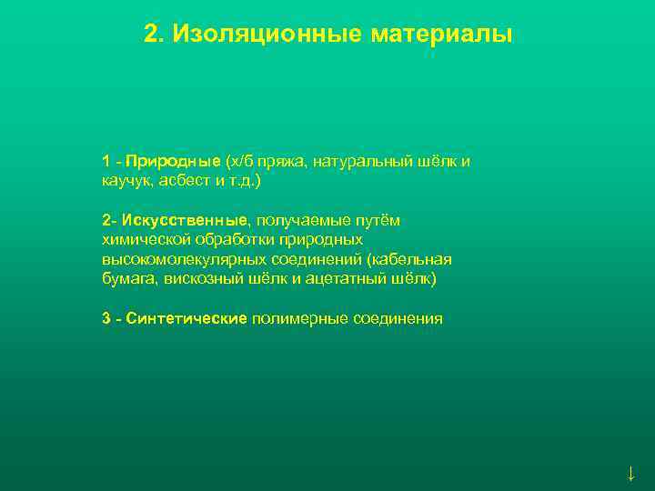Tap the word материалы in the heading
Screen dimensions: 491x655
(x=442, y=35)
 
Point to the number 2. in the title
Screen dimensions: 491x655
(x=155, y=35)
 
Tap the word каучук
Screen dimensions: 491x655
(x=127, y=181)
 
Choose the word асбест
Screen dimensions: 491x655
(x=186, y=181)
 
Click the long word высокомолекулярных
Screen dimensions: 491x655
(x=182, y=259)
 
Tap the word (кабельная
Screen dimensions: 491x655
(x=408, y=259)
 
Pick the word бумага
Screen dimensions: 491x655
(x=127, y=278)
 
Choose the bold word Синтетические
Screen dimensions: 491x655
(x=186, y=318)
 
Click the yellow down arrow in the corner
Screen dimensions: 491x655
(x=631, y=473)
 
